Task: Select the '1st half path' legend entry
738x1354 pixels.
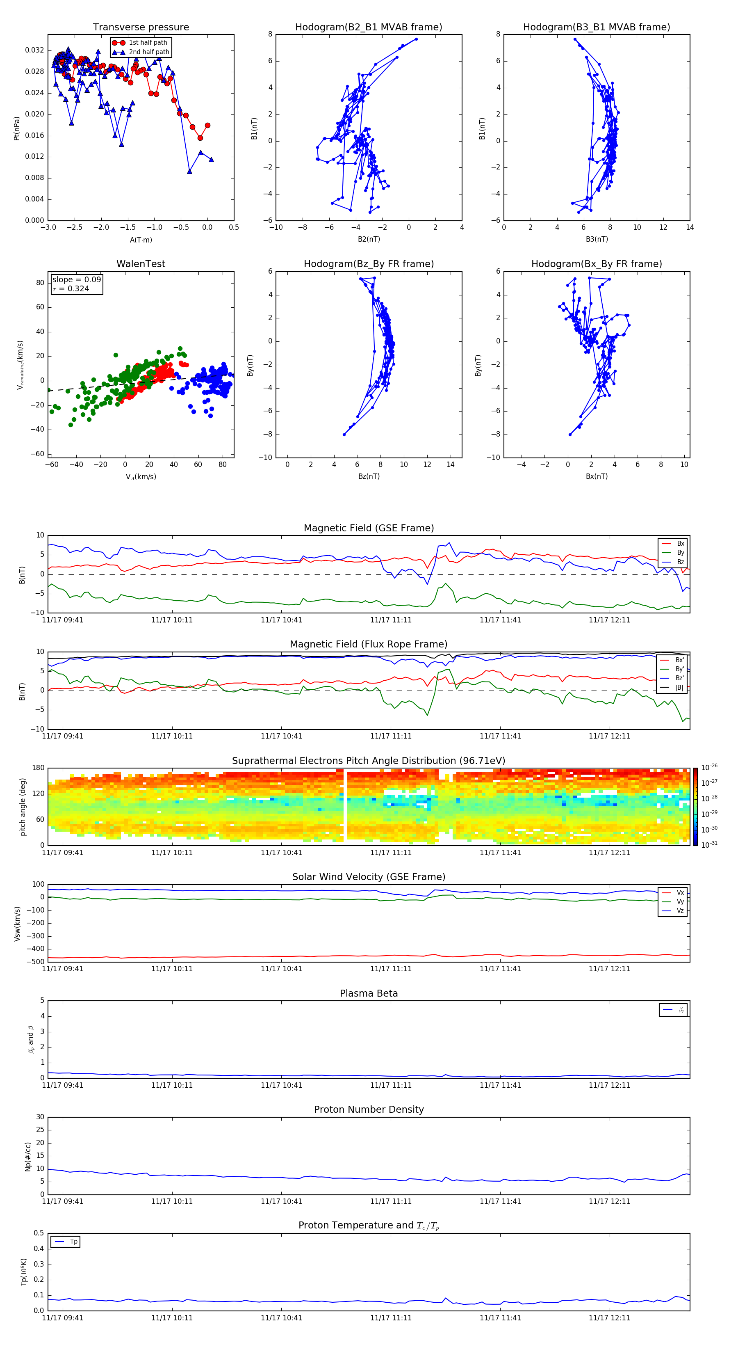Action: coord(148,43)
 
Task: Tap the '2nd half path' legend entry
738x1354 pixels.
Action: coord(149,52)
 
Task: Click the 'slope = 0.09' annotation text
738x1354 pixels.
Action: coord(76,280)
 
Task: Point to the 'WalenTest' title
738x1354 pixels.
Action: coord(141,264)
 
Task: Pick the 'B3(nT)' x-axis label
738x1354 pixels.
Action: coord(597,239)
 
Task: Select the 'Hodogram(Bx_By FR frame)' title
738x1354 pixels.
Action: coord(596,264)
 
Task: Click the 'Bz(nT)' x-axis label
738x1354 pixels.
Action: coord(369,476)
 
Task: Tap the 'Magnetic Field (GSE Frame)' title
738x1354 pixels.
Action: coord(369,528)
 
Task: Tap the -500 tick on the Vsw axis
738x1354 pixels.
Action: coord(36,962)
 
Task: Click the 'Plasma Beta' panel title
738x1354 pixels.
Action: coord(369,993)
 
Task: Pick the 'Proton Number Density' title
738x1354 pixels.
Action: coord(369,1109)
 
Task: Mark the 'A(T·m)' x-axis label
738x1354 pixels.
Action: coord(141,240)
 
